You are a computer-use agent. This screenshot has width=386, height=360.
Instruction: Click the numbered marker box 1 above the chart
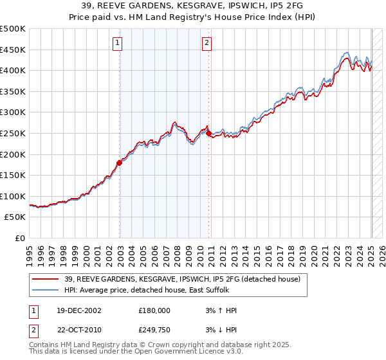118,44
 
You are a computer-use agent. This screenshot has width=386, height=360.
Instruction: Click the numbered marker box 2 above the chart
207,44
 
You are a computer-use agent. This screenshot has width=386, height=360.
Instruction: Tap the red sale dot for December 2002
120,163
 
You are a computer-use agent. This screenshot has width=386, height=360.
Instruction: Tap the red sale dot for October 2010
208,133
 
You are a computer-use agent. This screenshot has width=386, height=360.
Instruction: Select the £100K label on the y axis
14,196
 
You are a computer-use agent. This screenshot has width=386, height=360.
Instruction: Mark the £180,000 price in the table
155,310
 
